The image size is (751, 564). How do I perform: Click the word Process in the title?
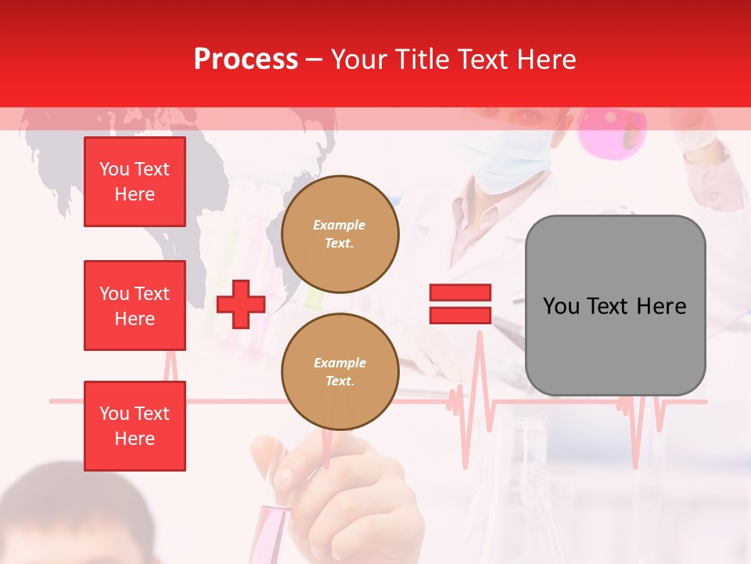point(246,60)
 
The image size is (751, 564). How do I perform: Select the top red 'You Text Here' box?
point(135,182)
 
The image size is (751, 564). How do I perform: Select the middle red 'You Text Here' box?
point(135,305)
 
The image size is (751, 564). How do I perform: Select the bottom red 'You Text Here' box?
point(135,426)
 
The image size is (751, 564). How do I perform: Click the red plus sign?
point(241,304)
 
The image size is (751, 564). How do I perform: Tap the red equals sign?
point(460,304)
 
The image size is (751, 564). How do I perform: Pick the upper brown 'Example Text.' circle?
point(340,234)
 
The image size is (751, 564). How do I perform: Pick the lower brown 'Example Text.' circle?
point(340,372)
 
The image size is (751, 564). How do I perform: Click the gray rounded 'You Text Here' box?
point(615,305)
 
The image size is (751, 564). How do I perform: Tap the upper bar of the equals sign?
point(460,293)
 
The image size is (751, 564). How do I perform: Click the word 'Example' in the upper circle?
point(340,225)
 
